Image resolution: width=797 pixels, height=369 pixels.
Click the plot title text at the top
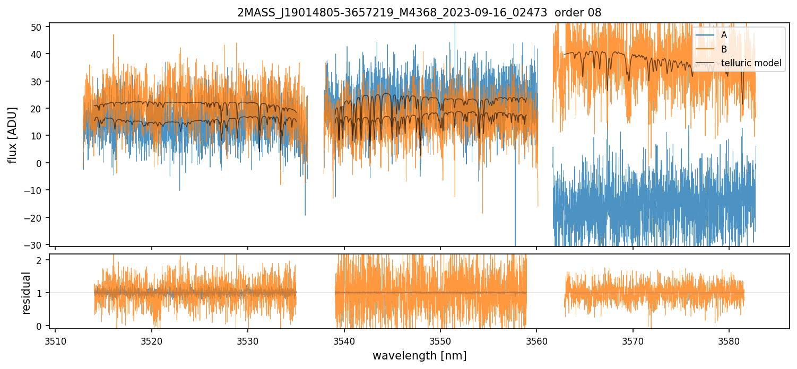(x=419, y=13)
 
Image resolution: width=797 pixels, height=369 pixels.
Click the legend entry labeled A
(x=724, y=35)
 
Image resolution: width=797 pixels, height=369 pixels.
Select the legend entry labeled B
(x=724, y=49)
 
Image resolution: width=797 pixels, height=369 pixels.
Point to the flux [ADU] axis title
(x=12, y=135)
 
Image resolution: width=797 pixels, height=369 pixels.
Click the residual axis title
(x=26, y=293)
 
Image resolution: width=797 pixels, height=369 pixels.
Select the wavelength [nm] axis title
(x=419, y=356)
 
